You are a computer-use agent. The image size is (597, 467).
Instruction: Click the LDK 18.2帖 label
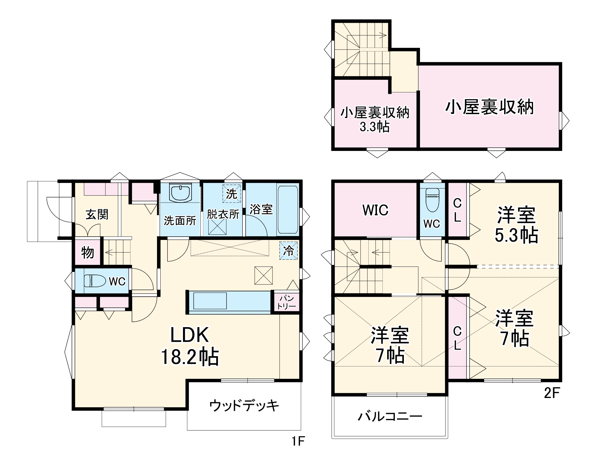click(x=190, y=346)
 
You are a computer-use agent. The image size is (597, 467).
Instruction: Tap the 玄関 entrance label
click(x=97, y=214)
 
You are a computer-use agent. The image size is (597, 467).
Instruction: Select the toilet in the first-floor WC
click(x=95, y=281)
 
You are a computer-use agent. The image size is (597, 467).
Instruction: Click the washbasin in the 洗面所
click(x=180, y=193)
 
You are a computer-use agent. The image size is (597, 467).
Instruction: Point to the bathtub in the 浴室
click(x=288, y=209)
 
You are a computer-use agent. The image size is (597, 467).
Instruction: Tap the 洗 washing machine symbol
click(x=231, y=194)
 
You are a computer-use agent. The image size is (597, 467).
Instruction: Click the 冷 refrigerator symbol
click(x=288, y=251)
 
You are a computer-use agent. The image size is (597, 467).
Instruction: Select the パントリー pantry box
click(x=286, y=302)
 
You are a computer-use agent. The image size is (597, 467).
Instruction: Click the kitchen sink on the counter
click(x=210, y=301)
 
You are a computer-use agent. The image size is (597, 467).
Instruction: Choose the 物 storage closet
click(x=87, y=253)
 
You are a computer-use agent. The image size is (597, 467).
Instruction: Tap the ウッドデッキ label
click(x=244, y=405)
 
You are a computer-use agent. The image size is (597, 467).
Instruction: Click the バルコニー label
click(x=390, y=416)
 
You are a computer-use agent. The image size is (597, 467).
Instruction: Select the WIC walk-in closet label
click(x=375, y=210)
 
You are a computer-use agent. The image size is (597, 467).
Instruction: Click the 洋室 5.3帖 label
click(x=516, y=225)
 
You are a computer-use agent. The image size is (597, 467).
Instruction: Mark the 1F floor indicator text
click(x=298, y=441)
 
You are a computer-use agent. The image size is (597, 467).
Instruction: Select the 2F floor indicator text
click(x=551, y=393)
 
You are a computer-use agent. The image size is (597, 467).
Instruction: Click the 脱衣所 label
click(x=223, y=214)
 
